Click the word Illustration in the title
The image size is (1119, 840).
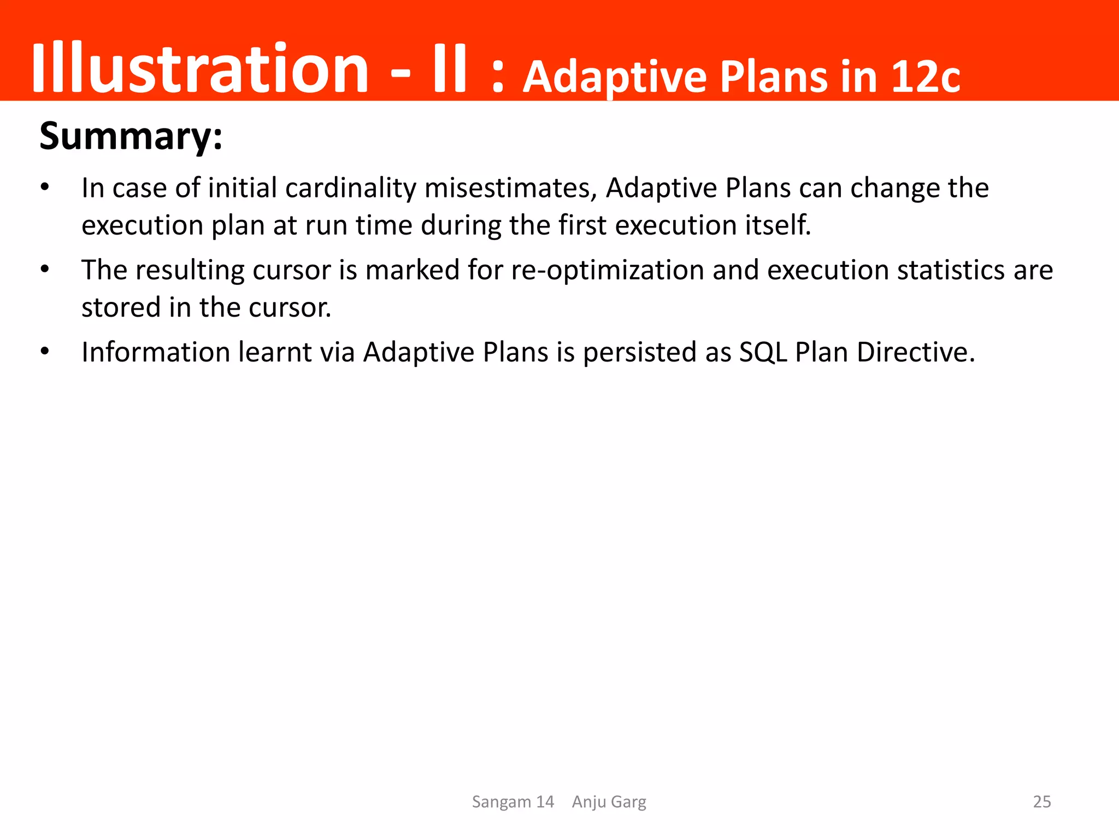(x=200, y=68)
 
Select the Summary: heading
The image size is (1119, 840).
(x=131, y=136)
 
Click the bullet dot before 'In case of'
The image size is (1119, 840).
(x=45, y=188)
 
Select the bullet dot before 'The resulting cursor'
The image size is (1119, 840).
(x=45, y=270)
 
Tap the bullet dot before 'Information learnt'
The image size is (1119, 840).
(x=45, y=352)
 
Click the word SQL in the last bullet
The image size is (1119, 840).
(x=763, y=352)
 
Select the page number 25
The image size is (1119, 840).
(x=1042, y=802)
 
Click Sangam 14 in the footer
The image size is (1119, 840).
(x=513, y=802)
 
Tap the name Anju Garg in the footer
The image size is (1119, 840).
(x=609, y=802)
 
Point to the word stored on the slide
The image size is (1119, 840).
(x=121, y=307)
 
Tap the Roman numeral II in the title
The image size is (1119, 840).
(x=449, y=68)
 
